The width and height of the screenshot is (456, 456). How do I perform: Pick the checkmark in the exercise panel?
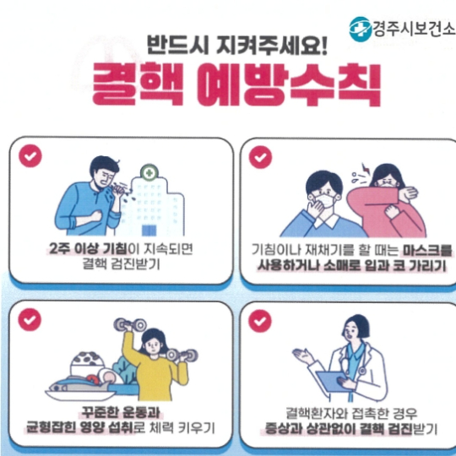[x=31, y=319]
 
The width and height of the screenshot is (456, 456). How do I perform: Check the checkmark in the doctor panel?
[x=260, y=319]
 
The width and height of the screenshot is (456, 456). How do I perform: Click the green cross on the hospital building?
[x=149, y=172]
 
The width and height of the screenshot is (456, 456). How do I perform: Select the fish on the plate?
[x=84, y=388]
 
